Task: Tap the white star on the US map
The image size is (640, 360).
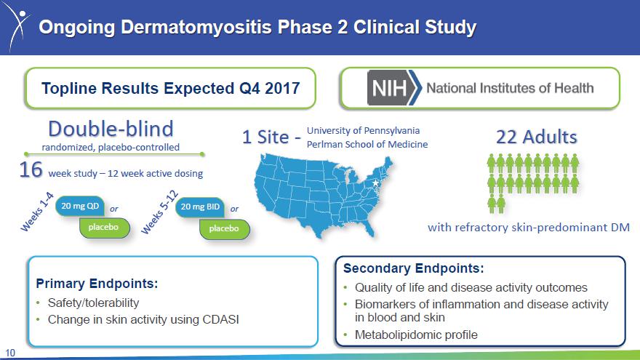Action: point(375,183)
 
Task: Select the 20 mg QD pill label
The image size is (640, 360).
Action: point(80,206)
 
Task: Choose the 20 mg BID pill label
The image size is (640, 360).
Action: point(200,207)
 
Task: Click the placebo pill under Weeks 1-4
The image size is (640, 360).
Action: point(104,227)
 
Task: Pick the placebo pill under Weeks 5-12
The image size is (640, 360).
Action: point(224,228)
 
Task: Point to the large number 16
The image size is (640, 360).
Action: point(31,169)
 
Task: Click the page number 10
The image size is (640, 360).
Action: point(9,353)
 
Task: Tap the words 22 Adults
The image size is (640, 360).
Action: point(536,137)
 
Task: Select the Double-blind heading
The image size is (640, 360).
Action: point(111,129)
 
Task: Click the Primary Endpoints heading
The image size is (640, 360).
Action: point(97,283)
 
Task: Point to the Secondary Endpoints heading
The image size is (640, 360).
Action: point(414,268)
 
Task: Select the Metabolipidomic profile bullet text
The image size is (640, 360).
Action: point(416,335)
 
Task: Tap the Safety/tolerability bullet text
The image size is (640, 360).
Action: point(94,303)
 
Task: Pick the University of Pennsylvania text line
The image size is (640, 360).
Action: point(363,131)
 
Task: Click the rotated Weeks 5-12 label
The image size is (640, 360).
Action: point(159,212)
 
